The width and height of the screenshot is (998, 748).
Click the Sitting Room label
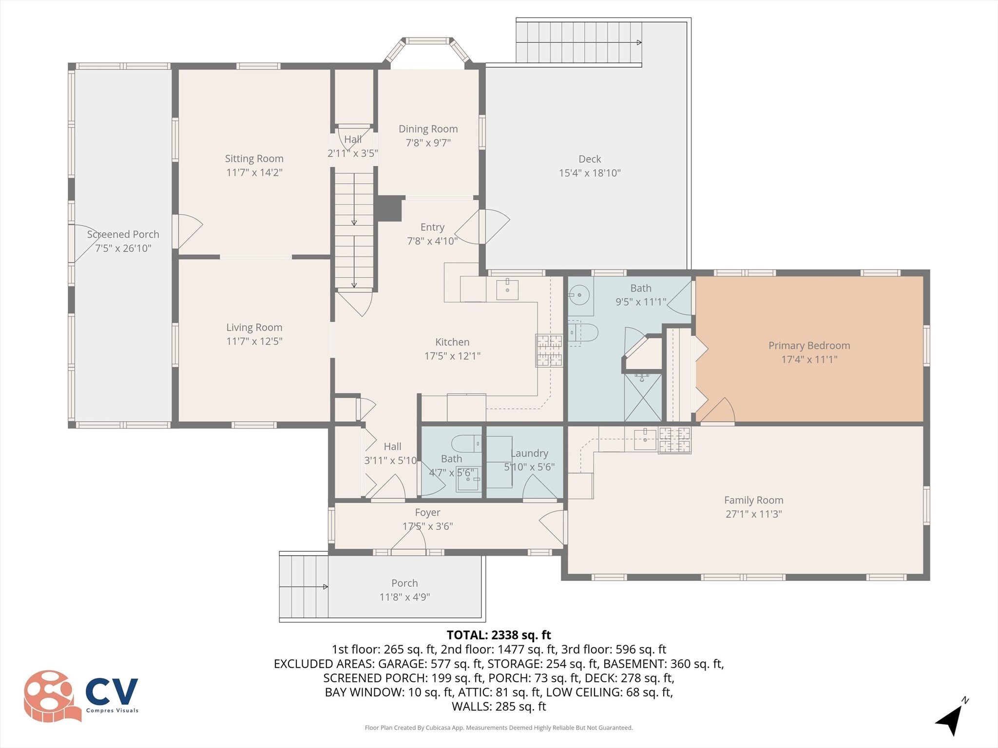coord(254,159)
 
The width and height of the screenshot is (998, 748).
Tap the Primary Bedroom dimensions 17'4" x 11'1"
coord(809,359)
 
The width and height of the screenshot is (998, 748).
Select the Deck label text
coord(590,159)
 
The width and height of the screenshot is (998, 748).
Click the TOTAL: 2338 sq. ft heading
coord(499,635)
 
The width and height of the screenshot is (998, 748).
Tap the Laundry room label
coord(529,453)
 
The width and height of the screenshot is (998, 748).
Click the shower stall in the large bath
coord(643,397)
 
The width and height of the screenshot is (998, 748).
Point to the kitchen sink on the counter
coord(507,289)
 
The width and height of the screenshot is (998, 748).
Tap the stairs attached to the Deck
coord(579,42)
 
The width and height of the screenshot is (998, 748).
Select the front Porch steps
coord(304,586)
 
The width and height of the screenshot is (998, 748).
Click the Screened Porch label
coord(123,234)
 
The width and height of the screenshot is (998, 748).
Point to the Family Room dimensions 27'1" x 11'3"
coord(753,514)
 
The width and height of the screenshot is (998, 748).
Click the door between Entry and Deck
coord(482,226)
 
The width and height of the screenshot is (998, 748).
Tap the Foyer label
coord(427,512)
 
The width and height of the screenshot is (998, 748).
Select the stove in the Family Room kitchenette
coord(674,440)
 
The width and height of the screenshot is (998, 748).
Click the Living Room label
coord(254,328)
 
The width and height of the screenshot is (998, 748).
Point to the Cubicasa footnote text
coord(499,728)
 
